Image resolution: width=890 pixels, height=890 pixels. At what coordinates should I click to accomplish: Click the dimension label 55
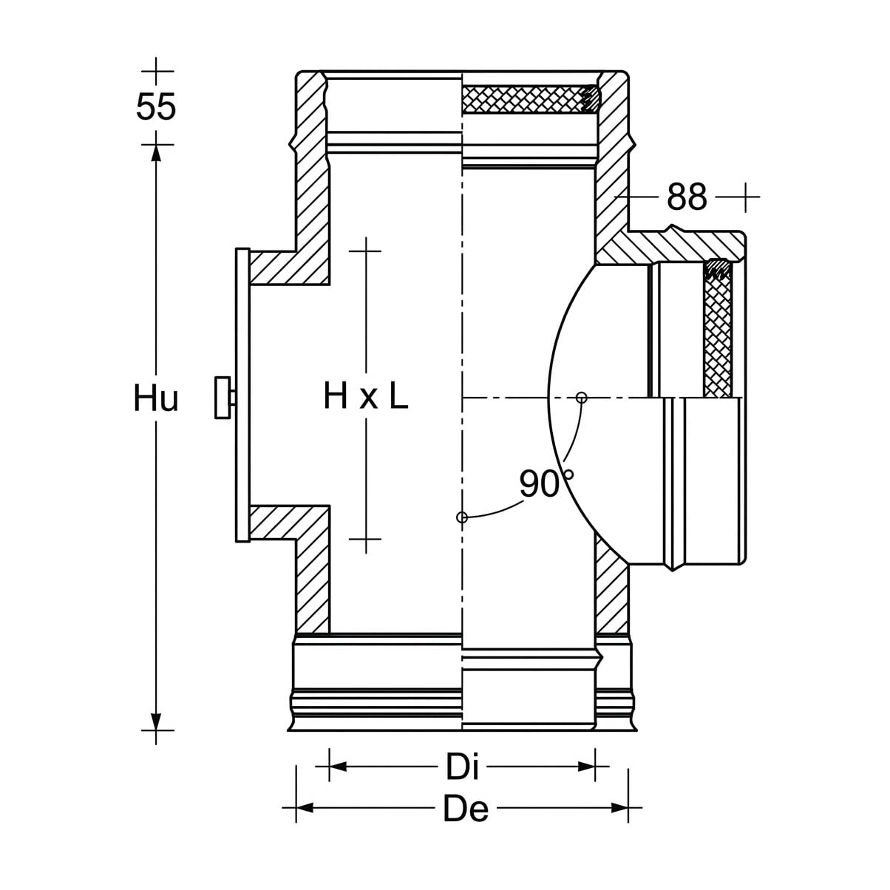(156, 106)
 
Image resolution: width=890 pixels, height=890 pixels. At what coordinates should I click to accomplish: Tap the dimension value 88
(687, 197)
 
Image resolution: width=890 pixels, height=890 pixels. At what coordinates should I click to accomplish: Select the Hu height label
(156, 398)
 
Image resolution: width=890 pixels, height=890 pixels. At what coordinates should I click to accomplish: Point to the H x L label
(366, 395)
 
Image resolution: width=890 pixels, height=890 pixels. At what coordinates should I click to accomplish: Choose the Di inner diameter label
(462, 767)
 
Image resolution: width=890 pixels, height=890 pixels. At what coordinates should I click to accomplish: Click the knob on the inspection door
(223, 398)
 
